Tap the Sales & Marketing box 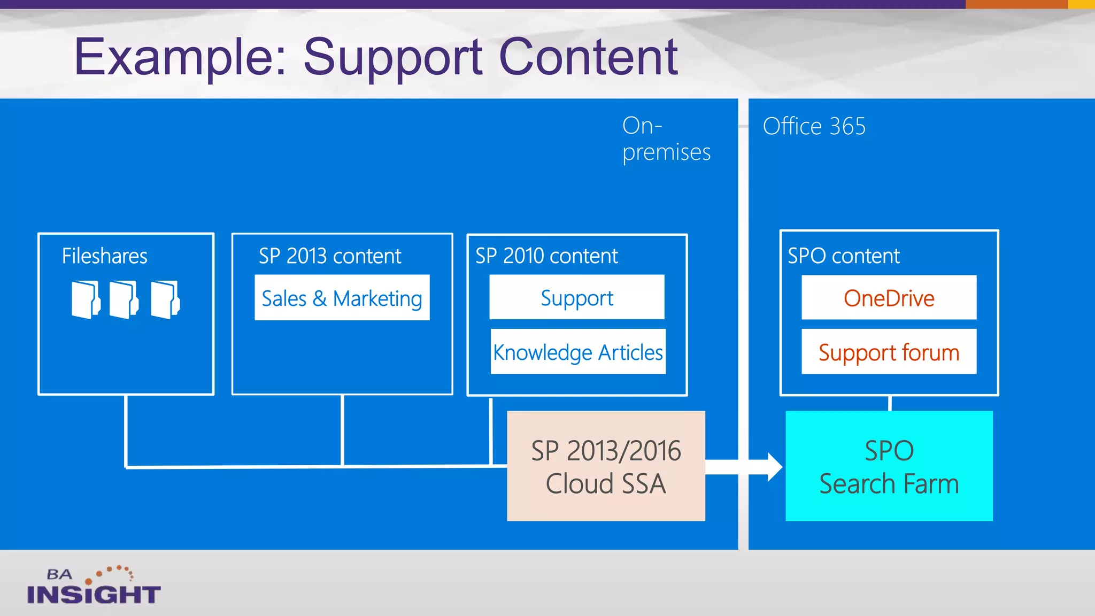(342, 298)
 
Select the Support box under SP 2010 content (576, 297)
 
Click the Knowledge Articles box (577, 352)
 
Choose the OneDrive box (889, 298)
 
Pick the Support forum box (889, 352)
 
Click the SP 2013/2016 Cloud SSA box (606, 466)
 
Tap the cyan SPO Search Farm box (889, 466)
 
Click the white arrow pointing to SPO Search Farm (749, 467)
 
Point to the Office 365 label (814, 127)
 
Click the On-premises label (666, 139)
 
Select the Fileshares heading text (104, 256)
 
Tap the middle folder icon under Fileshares (124, 299)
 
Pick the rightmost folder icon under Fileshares (165, 299)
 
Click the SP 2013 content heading (330, 256)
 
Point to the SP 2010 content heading (546, 256)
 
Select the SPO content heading (843, 256)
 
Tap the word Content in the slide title (588, 58)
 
